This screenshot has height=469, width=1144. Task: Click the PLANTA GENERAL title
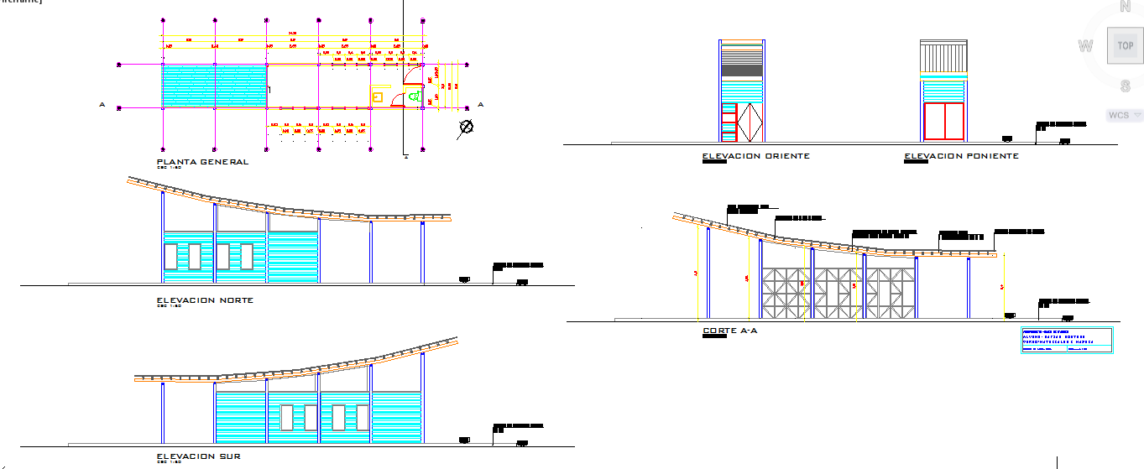[202, 162]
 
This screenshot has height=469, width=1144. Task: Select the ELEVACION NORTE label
[205, 300]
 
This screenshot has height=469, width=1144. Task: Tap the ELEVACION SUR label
[199, 456]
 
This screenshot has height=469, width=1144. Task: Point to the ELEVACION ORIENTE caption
[755, 156]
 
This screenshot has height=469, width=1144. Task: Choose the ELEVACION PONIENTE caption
[961, 156]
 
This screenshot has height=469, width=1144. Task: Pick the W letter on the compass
[1085, 46]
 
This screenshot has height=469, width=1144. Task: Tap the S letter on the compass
[1125, 86]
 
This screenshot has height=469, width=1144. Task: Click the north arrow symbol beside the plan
[466, 128]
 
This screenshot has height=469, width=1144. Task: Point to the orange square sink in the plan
[378, 98]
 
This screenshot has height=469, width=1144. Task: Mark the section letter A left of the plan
[102, 105]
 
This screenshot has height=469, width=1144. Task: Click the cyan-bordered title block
[1066, 341]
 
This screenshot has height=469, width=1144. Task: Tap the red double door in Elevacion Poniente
[943, 122]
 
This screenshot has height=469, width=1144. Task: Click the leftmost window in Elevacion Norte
[170, 256]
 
